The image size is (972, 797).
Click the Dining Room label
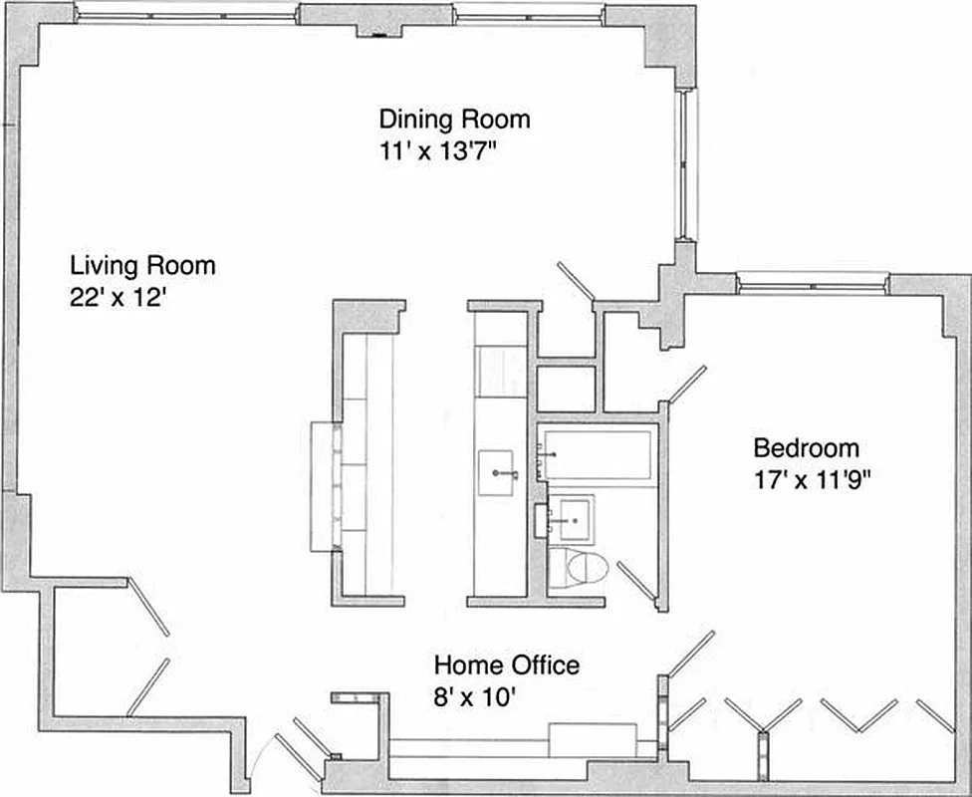pos(454,120)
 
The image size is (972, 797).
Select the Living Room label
pos(142,266)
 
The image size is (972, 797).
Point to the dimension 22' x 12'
pos(117,298)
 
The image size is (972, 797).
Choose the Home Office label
pos(506,664)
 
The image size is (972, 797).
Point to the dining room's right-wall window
pos(687,164)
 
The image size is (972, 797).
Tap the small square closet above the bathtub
pos(566,388)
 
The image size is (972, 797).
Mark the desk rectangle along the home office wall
pos(594,739)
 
